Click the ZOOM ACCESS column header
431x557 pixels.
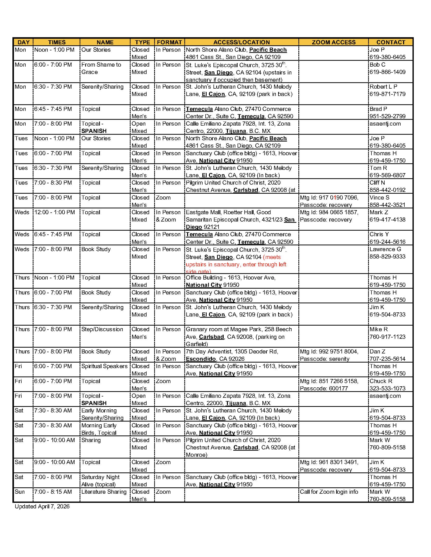tap(333, 42)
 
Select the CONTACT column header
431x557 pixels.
tap(391, 42)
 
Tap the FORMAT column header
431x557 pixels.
tap(169, 42)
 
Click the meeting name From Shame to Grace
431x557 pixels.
tap(101, 68)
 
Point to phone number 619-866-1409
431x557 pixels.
tap(387, 72)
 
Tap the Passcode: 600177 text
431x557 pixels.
tap(324, 388)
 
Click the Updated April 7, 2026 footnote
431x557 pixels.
tap(42, 507)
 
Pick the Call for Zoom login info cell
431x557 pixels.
tap(329, 492)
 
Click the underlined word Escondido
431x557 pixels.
tap(201, 359)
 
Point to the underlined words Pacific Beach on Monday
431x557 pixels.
tap(268, 50)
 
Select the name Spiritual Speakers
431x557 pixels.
tap(104, 366)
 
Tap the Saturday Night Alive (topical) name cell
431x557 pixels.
tap(100, 481)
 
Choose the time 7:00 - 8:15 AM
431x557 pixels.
tap(53, 492)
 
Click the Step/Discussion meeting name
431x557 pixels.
tap(102, 329)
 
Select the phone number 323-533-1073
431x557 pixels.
tap(387, 388)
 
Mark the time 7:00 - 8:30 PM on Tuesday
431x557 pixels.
tap(53, 183)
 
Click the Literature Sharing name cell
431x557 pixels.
tap(104, 492)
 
